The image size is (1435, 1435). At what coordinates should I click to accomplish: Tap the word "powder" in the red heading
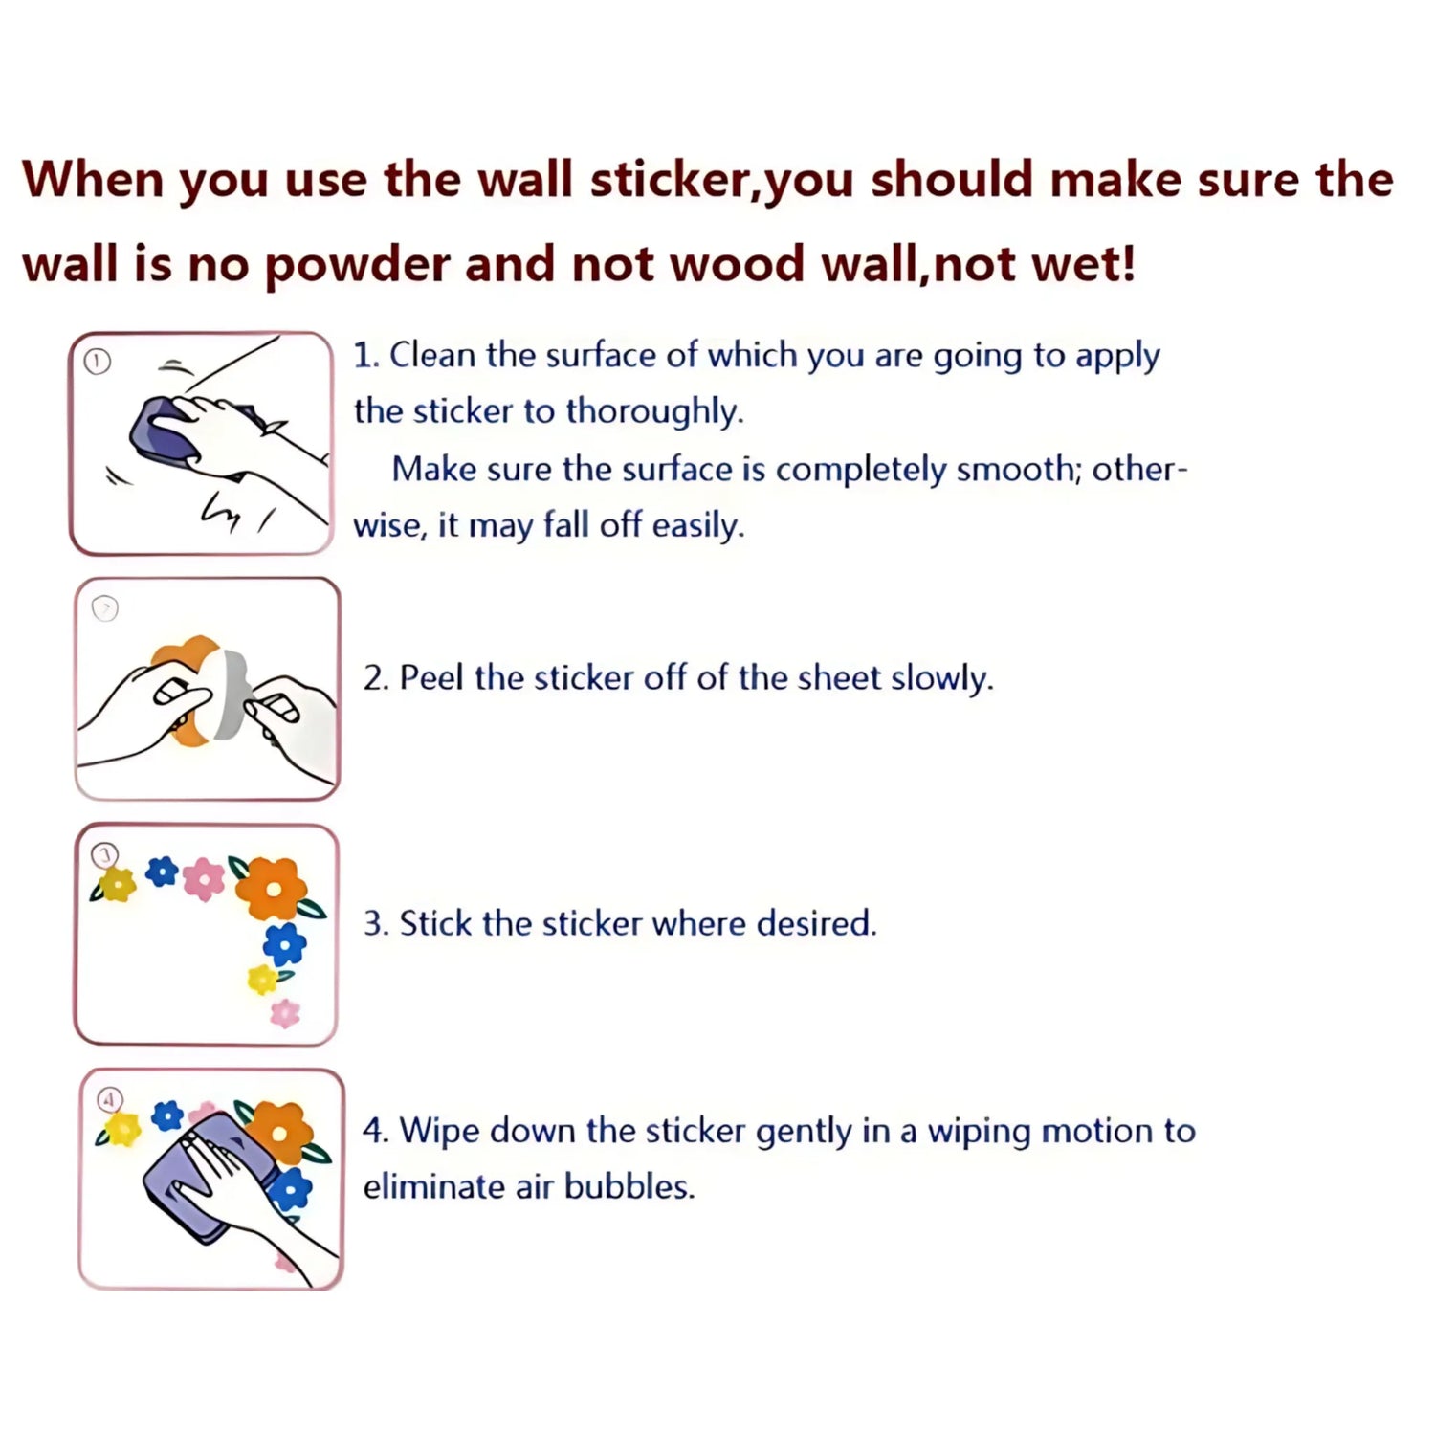pos(356,266)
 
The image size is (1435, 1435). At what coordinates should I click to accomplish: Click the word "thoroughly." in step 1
pos(654,411)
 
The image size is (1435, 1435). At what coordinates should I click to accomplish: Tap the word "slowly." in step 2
pos(942,677)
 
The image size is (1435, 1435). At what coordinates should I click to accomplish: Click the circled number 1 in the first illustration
pos(98,362)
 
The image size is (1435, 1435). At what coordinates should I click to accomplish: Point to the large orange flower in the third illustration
pos(273,888)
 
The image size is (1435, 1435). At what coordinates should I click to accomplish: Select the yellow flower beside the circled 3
pos(117,884)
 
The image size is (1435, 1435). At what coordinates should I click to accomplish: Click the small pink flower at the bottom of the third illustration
pos(285,1012)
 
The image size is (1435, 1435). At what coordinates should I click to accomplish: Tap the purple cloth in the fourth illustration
pos(206,1179)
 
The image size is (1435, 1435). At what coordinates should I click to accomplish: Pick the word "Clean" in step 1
pos(432,355)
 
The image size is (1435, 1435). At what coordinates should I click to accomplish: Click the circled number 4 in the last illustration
pos(110,1099)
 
